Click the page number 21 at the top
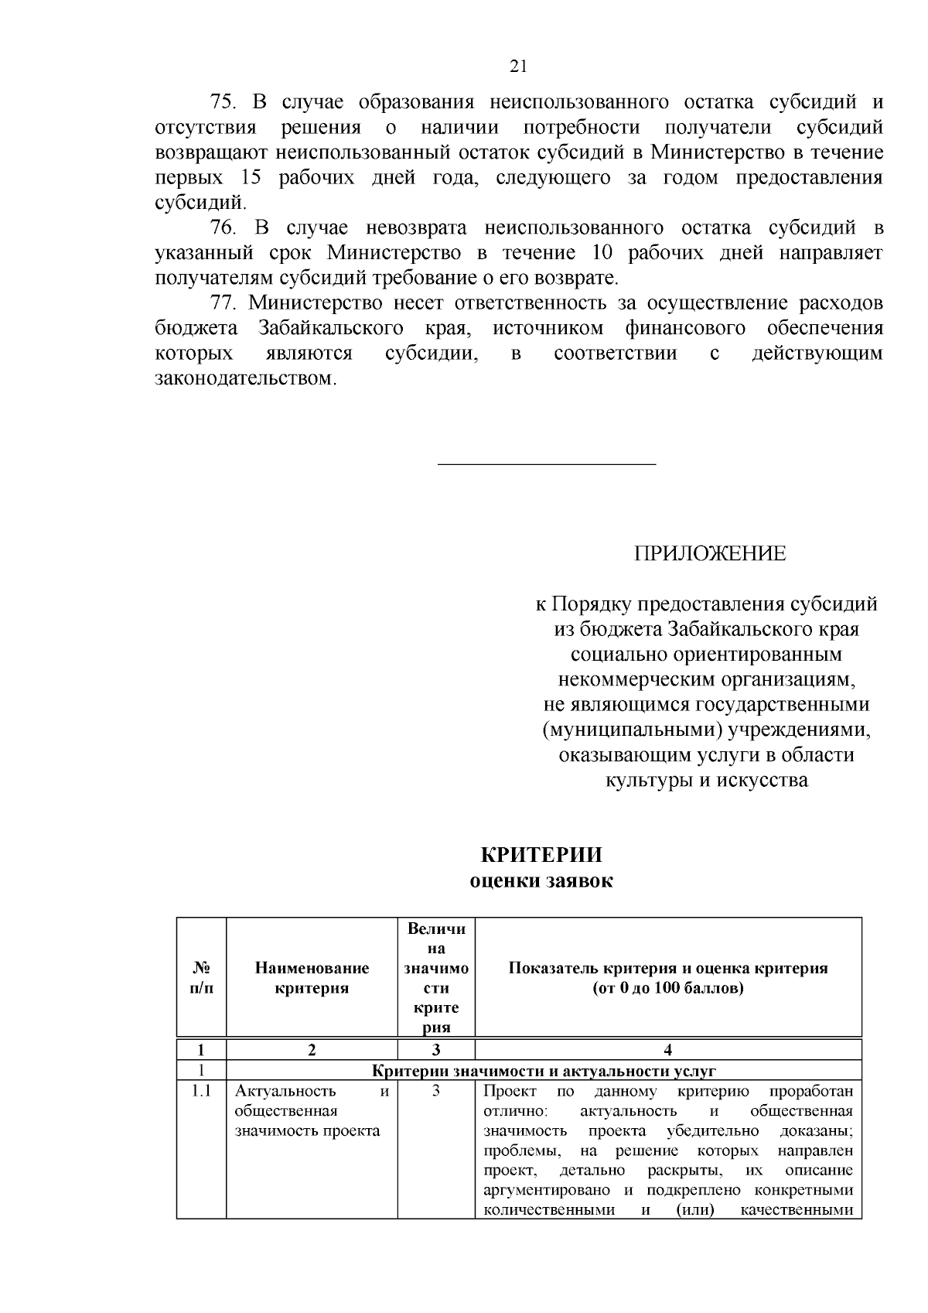click(x=519, y=67)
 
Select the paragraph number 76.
click(x=225, y=228)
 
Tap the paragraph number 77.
click(x=225, y=303)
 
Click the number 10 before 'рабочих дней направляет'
click(x=605, y=253)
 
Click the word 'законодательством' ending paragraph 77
click(x=245, y=379)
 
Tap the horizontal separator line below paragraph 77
click(x=547, y=464)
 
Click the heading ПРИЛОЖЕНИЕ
click(x=710, y=554)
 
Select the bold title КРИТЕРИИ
click(x=541, y=856)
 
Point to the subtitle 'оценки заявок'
click(x=541, y=881)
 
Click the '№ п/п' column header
click(x=201, y=978)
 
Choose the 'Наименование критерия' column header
click(x=312, y=978)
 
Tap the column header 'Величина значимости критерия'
click(x=436, y=978)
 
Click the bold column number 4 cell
click(x=668, y=1050)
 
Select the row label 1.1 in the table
click(x=201, y=1092)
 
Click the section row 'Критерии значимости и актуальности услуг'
click(x=544, y=1071)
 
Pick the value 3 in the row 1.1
click(x=436, y=1092)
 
